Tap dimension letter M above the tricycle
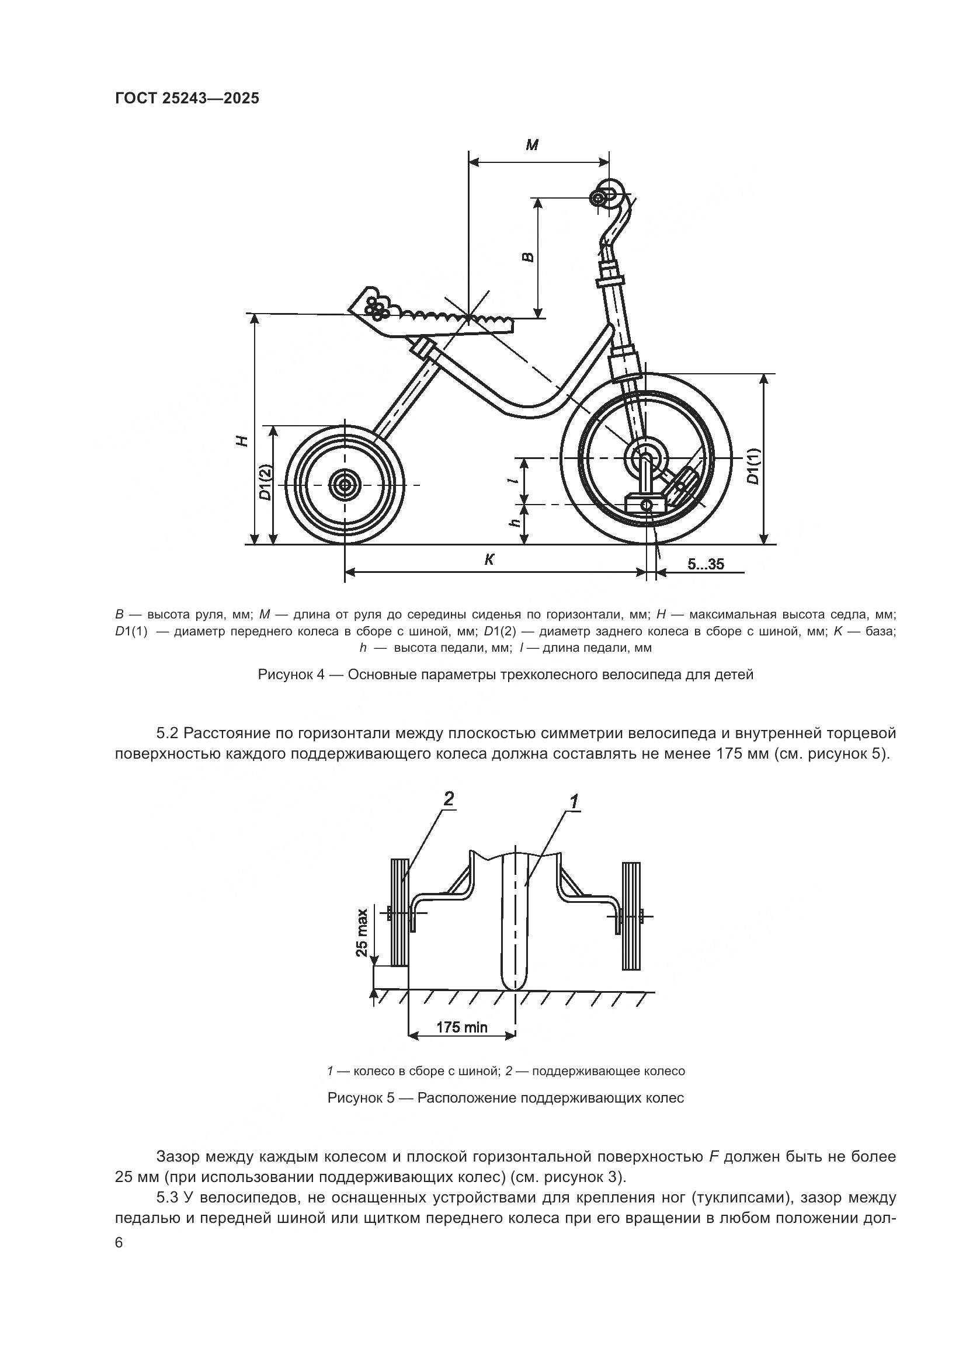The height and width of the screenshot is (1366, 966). (533, 145)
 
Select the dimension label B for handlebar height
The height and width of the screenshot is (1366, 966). (527, 257)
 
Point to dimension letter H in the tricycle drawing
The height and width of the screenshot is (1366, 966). (241, 440)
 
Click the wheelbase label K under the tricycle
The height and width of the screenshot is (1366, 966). (489, 559)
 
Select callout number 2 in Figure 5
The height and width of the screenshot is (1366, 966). (449, 799)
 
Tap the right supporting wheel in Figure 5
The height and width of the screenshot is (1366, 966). (631, 916)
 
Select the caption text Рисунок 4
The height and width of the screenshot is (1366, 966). (291, 675)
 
